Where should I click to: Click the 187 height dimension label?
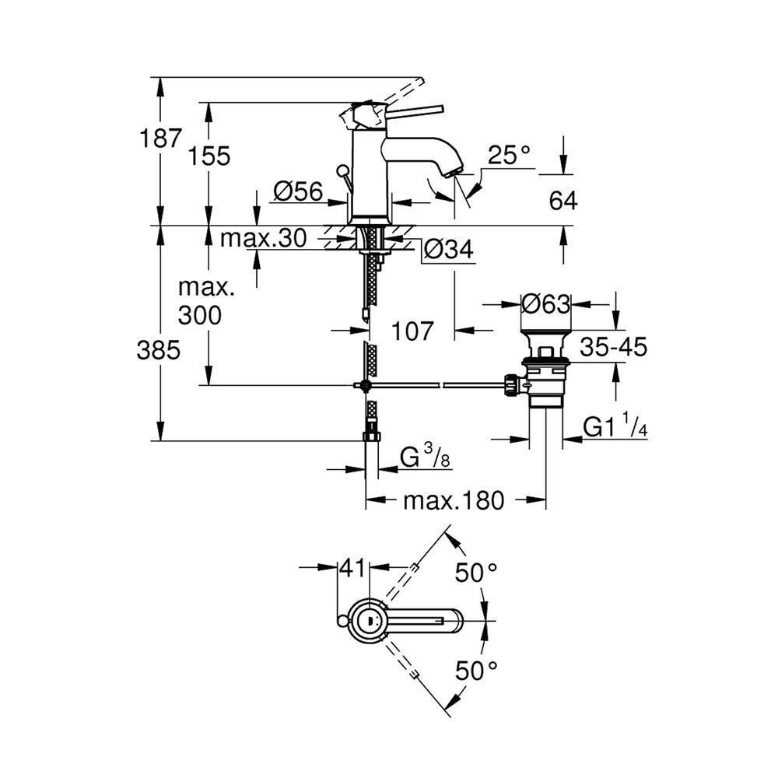(x=161, y=138)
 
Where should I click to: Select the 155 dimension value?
(x=209, y=156)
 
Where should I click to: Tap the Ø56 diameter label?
(x=297, y=191)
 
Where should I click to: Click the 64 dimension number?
(x=563, y=201)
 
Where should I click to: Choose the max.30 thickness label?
(x=264, y=239)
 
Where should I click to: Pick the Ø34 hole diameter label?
(x=448, y=249)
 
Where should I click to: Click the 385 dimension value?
(x=159, y=351)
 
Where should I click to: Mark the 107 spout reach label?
(x=412, y=331)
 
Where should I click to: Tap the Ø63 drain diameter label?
(x=546, y=303)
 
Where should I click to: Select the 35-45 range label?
(x=614, y=347)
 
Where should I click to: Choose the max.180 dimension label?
(x=454, y=500)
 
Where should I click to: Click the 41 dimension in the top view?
(x=353, y=568)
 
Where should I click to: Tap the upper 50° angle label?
(x=476, y=573)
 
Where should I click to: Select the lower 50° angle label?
(x=476, y=671)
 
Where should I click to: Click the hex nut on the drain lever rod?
(x=510, y=385)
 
